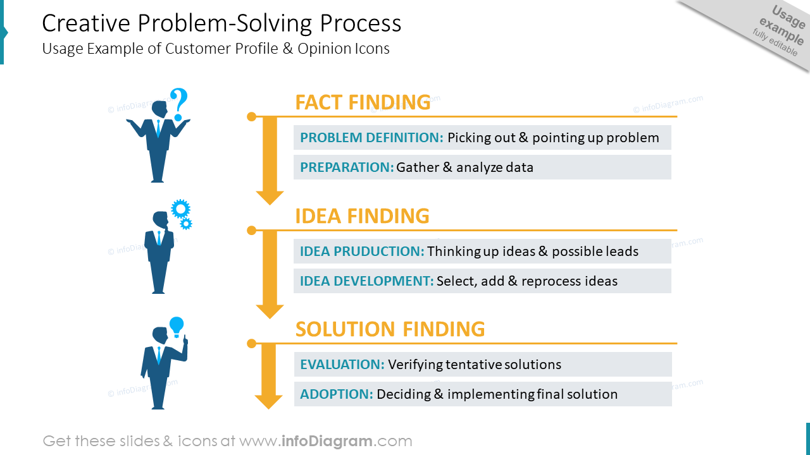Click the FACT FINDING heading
coord(363,102)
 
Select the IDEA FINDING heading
coord(362,216)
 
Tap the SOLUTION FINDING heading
coord(390,329)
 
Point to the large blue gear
coord(180,209)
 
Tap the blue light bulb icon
coord(177,325)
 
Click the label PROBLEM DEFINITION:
coord(371,138)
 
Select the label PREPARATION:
coord(347,167)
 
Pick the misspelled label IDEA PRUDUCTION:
coord(362,252)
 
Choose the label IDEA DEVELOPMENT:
coord(366,281)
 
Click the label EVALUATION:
coord(342,365)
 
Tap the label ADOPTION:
coord(337,394)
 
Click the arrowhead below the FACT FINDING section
coord(270,197)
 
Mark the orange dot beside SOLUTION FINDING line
coord(251,344)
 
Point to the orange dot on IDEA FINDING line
coord(251,230)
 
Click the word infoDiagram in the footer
coord(326,441)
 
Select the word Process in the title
coord(360,23)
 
